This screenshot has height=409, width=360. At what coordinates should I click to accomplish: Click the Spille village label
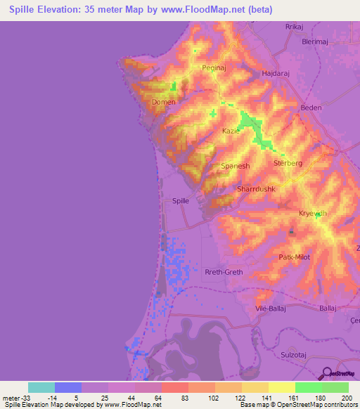(x=181, y=200)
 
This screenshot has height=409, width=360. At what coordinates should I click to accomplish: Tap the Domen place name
(x=163, y=102)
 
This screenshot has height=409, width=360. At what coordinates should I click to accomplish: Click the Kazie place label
(x=231, y=131)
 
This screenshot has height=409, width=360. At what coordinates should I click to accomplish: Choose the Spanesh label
(x=236, y=166)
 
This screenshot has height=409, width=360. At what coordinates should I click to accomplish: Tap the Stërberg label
(x=287, y=163)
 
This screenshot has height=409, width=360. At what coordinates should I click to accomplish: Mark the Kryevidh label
(x=314, y=213)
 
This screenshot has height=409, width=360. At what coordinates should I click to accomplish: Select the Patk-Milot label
(x=295, y=258)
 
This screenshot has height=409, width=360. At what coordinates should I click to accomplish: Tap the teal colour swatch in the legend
(x=41, y=387)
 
